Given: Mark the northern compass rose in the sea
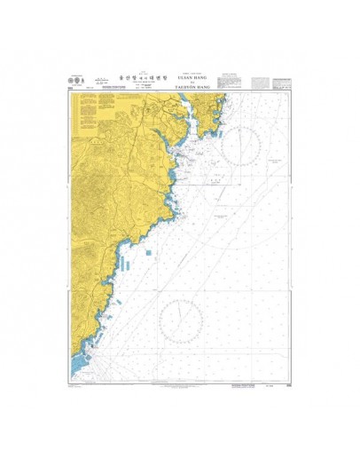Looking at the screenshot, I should point(240,145).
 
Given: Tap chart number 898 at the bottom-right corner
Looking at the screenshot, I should point(288,384).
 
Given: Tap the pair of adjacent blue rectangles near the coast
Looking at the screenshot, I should point(124,265).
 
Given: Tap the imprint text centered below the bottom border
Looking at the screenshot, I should point(180,385).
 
